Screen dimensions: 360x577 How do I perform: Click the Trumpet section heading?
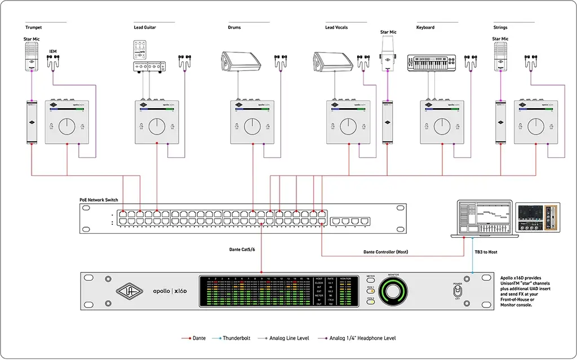point(34,28)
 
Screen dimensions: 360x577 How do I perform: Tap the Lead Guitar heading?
point(145,28)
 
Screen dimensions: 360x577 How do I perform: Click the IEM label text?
point(53,52)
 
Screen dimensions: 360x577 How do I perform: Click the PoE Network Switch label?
point(99,200)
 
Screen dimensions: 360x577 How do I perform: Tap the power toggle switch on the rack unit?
point(458,291)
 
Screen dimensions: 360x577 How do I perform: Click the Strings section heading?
point(500,28)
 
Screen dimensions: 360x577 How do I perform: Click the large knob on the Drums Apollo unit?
point(252,126)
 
